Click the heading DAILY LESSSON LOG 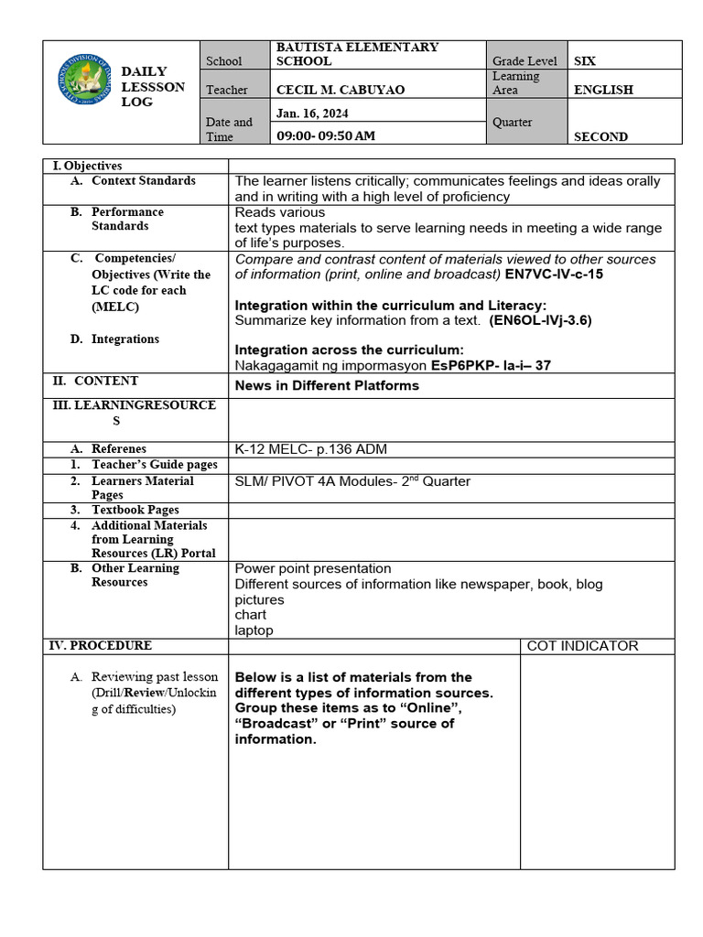pos(153,87)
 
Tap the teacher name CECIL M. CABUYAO pos(341,90)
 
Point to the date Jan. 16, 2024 pos(312,113)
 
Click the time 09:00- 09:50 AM pos(325,135)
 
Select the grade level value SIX pos(584,60)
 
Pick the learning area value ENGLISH pos(603,90)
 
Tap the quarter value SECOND pos(600,136)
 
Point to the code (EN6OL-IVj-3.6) pos(540,320)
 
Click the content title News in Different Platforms pos(327,385)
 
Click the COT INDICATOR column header pos(582,645)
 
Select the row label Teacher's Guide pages pos(154,465)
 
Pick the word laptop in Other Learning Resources pos(254,630)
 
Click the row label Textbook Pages pos(135,510)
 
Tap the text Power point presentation pos(313,568)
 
